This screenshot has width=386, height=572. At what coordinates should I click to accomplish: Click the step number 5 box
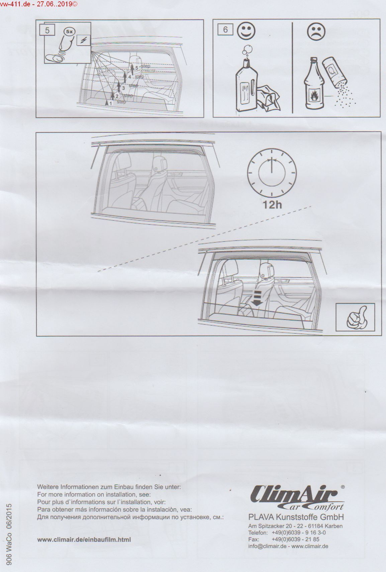pyautogui.click(x=47, y=30)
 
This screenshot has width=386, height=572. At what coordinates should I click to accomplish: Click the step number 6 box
pyautogui.click(x=225, y=30)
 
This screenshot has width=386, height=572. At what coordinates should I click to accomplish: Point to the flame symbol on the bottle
pyautogui.click(x=312, y=96)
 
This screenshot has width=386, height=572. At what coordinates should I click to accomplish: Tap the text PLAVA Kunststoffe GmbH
pyautogui.click(x=296, y=517)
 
